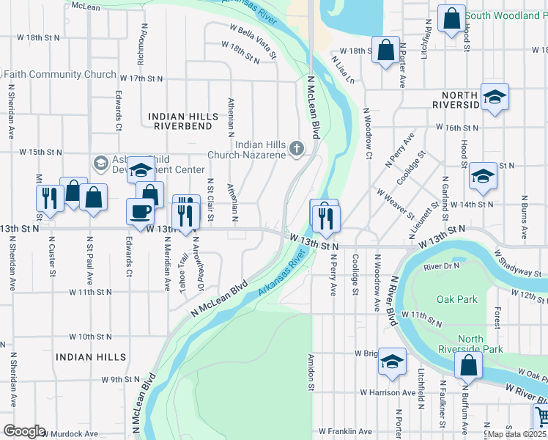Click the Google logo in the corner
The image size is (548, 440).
[23, 431]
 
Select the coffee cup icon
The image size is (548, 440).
[140, 212]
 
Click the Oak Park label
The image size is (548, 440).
[456, 299]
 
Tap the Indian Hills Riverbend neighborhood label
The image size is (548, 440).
[183, 121]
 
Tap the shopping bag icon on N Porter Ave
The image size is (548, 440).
[385, 51]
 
